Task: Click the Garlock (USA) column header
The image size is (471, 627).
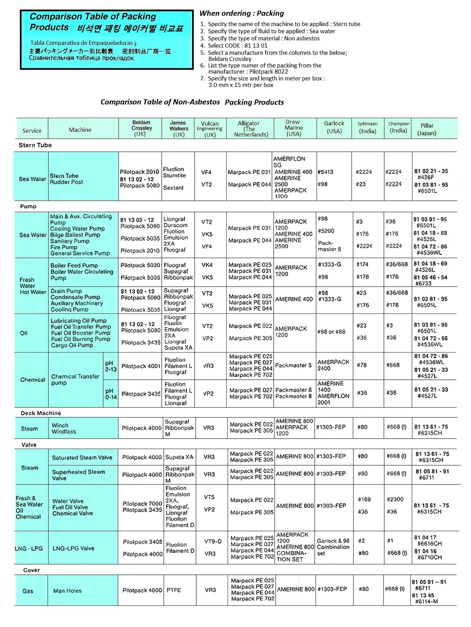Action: (x=334, y=127)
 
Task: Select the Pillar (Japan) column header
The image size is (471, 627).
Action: (x=427, y=129)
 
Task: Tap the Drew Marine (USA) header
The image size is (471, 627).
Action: (x=294, y=128)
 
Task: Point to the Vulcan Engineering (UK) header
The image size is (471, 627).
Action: (x=210, y=129)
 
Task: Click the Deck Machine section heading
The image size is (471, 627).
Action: (x=41, y=413)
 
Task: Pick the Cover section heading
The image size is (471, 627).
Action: (x=31, y=570)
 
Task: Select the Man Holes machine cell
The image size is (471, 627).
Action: (x=67, y=591)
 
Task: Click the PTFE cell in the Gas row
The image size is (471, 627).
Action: (x=174, y=590)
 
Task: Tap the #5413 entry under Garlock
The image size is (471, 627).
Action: (x=325, y=172)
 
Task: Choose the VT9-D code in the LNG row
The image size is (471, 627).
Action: (x=213, y=541)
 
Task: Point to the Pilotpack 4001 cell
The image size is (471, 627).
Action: (x=141, y=366)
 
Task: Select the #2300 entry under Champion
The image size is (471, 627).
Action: (x=395, y=499)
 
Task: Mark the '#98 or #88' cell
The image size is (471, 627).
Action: (x=331, y=332)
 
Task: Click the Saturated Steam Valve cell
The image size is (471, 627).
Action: (x=82, y=458)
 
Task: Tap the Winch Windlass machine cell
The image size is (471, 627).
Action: (x=64, y=428)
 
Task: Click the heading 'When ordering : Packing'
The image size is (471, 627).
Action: (x=242, y=13)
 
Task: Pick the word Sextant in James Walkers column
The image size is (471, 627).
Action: (x=173, y=188)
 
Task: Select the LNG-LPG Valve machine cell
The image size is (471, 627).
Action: (x=73, y=548)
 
